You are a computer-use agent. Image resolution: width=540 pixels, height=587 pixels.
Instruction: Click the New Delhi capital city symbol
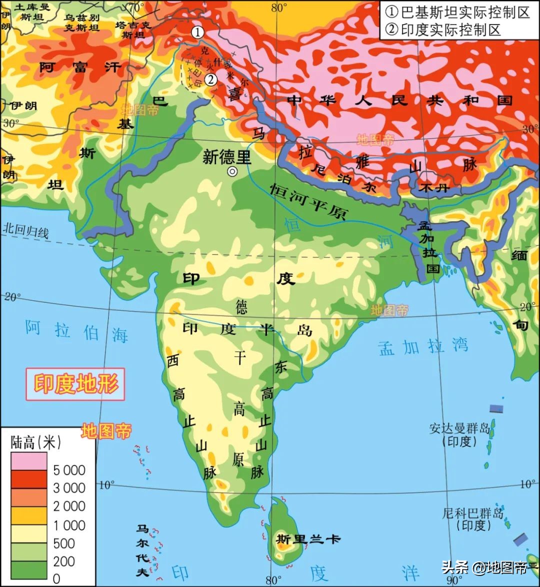coord(232,172)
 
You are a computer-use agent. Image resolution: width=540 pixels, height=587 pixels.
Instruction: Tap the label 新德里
coord(226,157)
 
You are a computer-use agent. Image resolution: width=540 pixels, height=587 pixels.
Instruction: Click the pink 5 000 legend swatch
coord(29,461)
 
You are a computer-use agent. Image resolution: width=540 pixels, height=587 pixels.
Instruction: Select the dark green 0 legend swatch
coord(29,570)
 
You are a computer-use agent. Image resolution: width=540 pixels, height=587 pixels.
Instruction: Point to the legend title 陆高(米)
coord(35,441)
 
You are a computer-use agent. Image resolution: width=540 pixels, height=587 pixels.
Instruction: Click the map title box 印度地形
coord(75,384)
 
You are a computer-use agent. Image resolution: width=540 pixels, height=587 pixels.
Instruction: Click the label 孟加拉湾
coord(423,346)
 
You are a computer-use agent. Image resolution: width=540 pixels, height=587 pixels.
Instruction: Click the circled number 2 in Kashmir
coord(211,79)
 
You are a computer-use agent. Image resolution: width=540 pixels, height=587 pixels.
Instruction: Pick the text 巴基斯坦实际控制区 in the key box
coord(458,12)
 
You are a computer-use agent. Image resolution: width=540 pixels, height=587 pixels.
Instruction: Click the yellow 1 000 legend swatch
coord(29,515)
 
